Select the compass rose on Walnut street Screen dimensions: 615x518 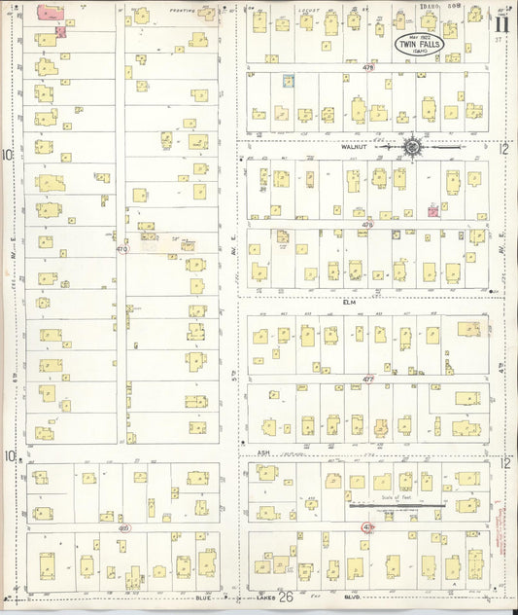[x=413, y=147]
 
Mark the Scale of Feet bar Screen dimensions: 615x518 [x=397, y=505]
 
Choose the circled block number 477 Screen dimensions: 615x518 [x=367, y=378]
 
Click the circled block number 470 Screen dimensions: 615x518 [x=121, y=249]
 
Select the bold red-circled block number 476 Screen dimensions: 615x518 [x=367, y=526]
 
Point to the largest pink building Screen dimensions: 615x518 [x=50, y=12]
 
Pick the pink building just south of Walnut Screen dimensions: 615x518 [x=432, y=208]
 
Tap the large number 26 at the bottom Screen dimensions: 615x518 [x=285, y=597]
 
